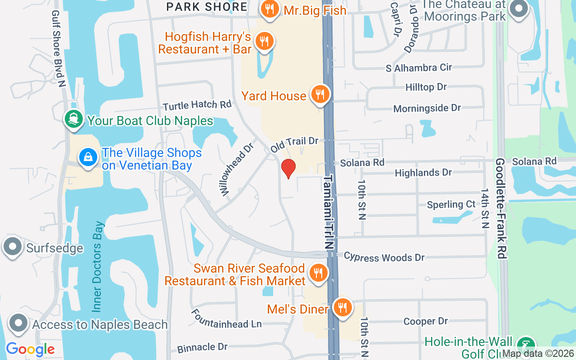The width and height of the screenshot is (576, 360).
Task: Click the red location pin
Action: (288, 168)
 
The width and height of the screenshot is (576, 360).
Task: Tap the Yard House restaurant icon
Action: (320, 94)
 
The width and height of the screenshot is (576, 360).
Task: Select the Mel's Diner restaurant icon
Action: (343, 308)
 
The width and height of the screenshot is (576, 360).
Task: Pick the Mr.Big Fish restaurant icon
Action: (270, 9)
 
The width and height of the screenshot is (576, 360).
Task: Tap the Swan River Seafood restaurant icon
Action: (318, 273)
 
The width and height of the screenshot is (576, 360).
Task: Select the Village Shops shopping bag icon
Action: (89, 157)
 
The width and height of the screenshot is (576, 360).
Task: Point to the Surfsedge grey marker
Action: (12, 247)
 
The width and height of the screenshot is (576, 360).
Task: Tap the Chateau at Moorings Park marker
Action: (519, 9)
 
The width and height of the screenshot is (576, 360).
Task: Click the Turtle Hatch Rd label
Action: (197, 105)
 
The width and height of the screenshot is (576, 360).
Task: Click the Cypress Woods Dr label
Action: (384, 257)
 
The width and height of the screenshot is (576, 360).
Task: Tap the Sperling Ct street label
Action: (451, 204)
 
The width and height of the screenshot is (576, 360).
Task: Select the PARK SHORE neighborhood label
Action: (207, 7)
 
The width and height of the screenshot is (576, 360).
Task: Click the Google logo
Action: (30, 349)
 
